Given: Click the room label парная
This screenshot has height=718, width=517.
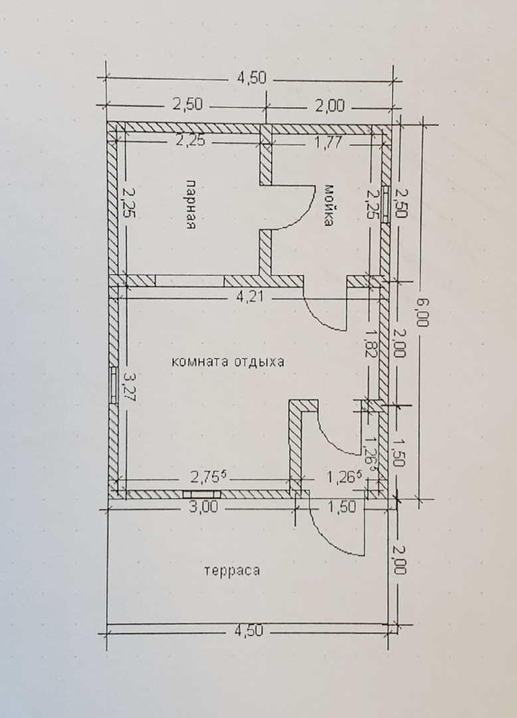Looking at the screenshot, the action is [x=191, y=205].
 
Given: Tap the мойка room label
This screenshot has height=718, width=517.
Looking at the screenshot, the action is [x=328, y=205].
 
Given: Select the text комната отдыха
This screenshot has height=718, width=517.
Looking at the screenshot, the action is [x=228, y=362].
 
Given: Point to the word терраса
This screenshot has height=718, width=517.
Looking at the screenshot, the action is [x=232, y=570].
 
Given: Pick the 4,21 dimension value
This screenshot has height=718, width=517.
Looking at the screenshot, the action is [x=250, y=297].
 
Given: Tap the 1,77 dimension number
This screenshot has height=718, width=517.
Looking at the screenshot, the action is [x=328, y=142].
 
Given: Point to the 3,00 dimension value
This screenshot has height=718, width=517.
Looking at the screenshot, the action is [x=203, y=507].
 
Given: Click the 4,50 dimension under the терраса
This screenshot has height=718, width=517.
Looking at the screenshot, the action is [x=249, y=630].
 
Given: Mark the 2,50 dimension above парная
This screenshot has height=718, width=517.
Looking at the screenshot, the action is [x=187, y=104].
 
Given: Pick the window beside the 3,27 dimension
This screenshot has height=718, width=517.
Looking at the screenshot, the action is [x=113, y=385].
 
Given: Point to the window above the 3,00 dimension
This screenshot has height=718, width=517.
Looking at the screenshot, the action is [x=202, y=494].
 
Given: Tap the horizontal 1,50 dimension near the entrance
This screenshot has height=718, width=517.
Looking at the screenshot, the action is [x=342, y=507].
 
